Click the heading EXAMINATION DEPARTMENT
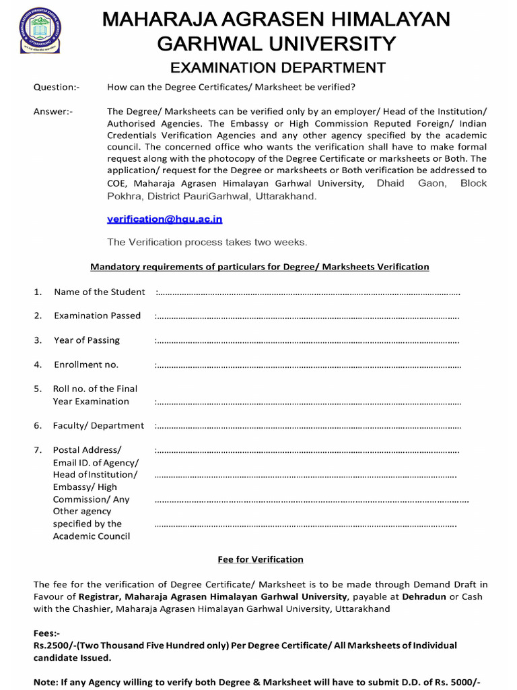277,67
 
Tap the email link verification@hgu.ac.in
165,219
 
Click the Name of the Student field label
99,292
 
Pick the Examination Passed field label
97,315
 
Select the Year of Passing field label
87,340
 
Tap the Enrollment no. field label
86,365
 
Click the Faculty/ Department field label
98,425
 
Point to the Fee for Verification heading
261,559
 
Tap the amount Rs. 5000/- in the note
456,682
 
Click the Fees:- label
46,633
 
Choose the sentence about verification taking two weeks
207,242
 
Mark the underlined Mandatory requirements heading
260,267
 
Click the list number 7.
38,449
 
